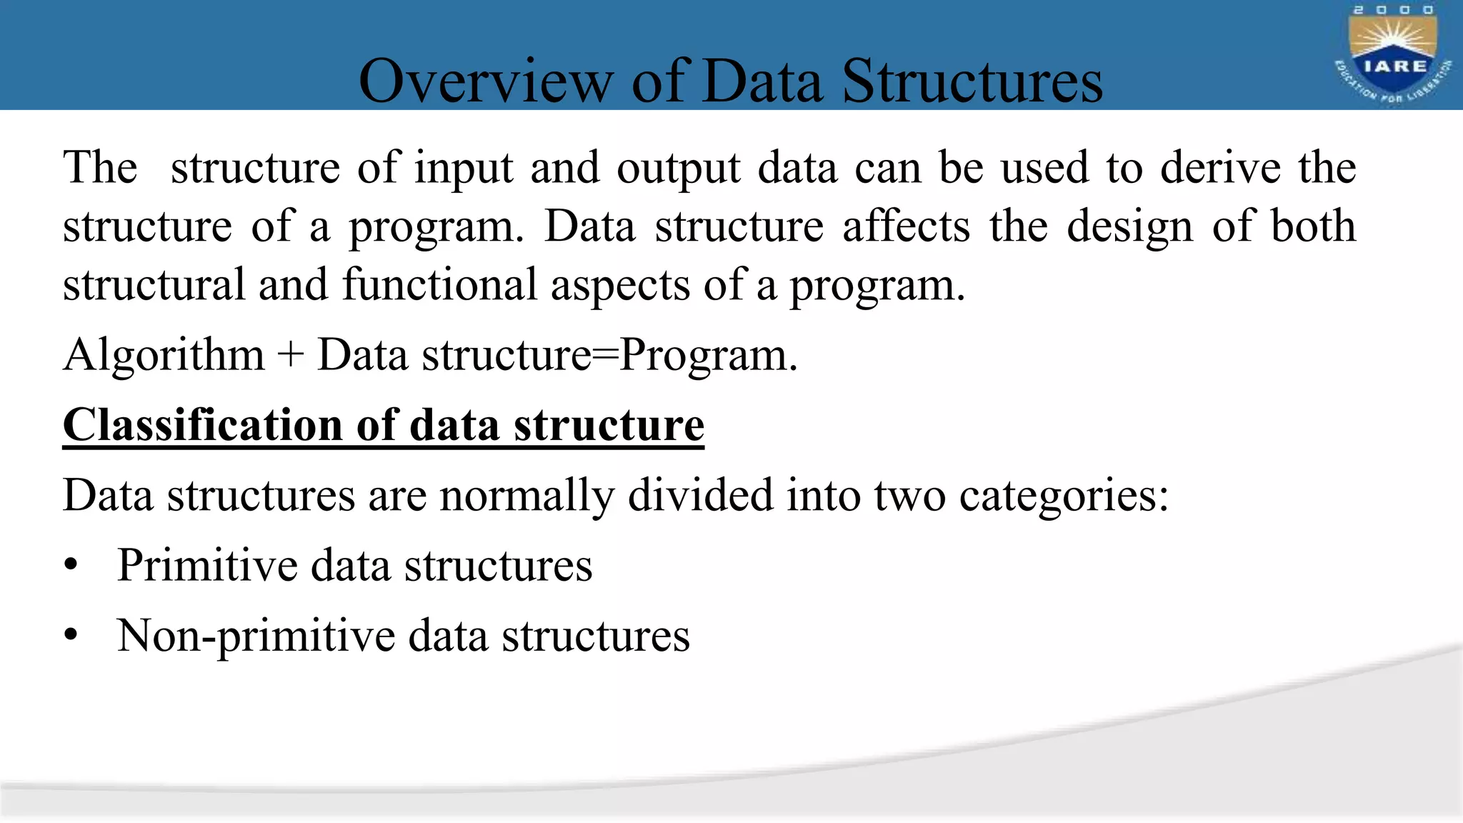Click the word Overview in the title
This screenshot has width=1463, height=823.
(x=485, y=81)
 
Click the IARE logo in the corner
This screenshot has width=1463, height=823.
(x=1392, y=54)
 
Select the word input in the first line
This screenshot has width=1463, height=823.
(x=464, y=169)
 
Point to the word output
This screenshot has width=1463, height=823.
(x=679, y=169)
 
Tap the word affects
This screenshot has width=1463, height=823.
(x=906, y=226)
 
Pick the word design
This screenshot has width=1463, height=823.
(x=1129, y=228)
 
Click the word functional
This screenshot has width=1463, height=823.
(x=439, y=284)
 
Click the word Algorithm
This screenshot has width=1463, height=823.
(x=164, y=356)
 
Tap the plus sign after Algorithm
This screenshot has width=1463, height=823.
(x=291, y=356)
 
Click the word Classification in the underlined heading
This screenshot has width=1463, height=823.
(x=203, y=425)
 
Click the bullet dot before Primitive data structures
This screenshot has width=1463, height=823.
(x=70, y=566)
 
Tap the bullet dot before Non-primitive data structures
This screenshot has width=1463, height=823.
(x=70, y=635)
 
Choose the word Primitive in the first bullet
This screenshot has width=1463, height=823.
(x=207, y=566)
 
